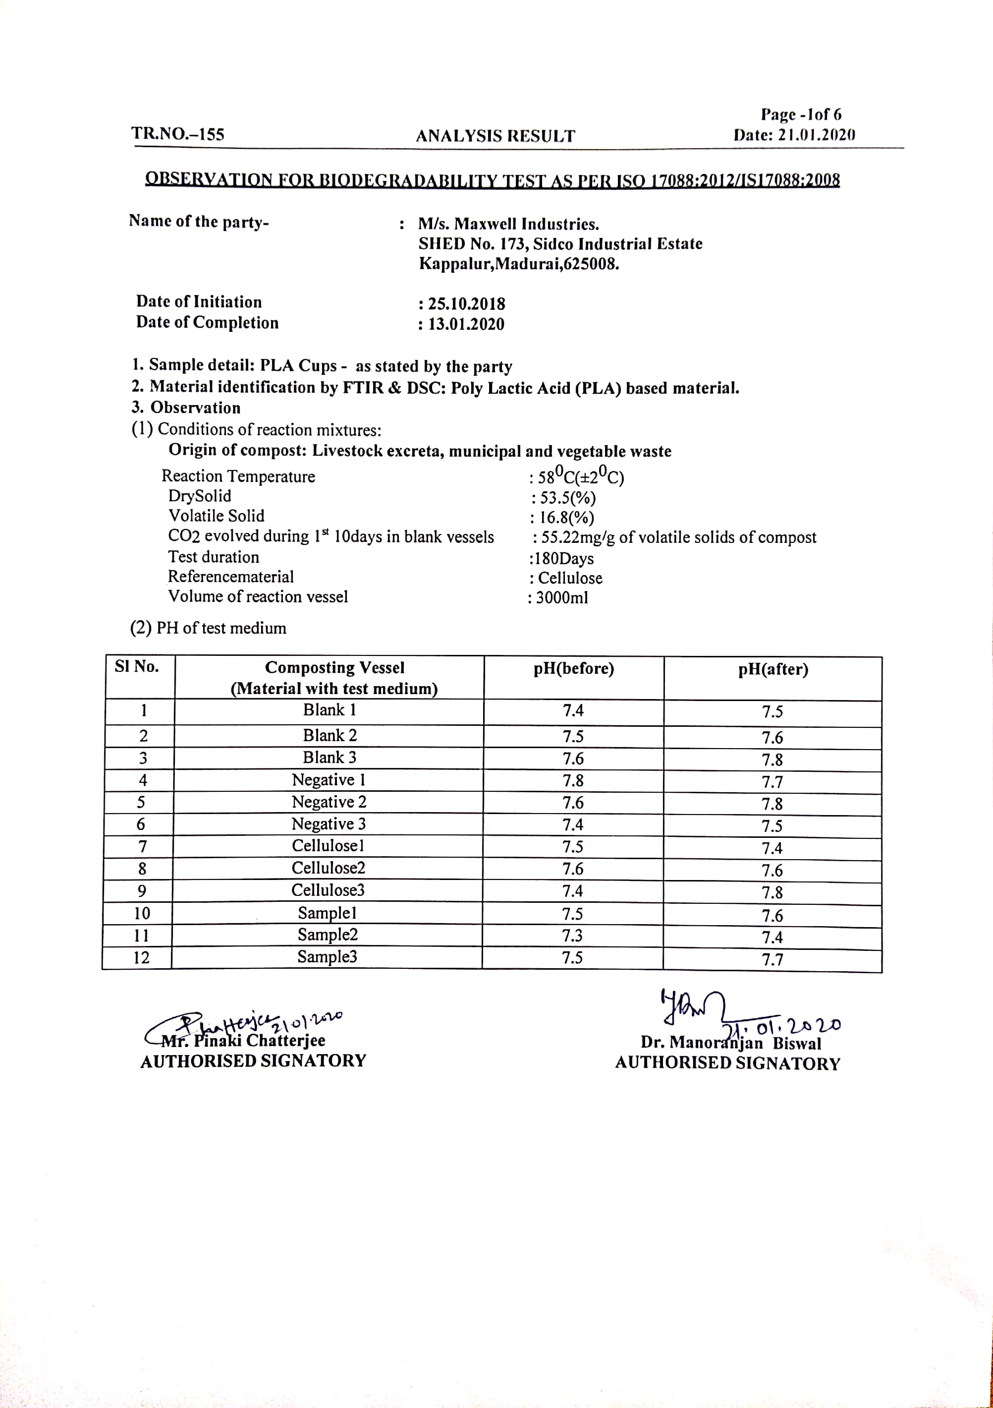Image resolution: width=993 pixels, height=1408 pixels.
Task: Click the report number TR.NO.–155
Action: pos(178,134)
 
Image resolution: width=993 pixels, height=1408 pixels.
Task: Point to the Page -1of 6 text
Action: pos(801,115)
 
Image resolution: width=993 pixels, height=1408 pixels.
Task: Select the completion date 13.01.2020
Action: pos(466,324)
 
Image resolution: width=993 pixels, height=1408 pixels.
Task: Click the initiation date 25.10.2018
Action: pos(466,304)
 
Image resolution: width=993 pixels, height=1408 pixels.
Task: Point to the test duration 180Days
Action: pos(564,558)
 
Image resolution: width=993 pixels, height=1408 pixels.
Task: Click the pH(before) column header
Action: pos(573,668)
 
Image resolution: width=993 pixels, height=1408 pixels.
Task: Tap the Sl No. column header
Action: pos(137,667)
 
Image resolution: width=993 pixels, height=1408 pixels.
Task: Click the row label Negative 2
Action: pos(329,802)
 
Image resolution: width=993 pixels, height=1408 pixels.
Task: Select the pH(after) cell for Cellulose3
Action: pos(772,892)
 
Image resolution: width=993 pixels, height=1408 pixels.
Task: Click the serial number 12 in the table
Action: pos(141,957)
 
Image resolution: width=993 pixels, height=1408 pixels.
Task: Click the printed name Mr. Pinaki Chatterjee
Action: pos(243,1041)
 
